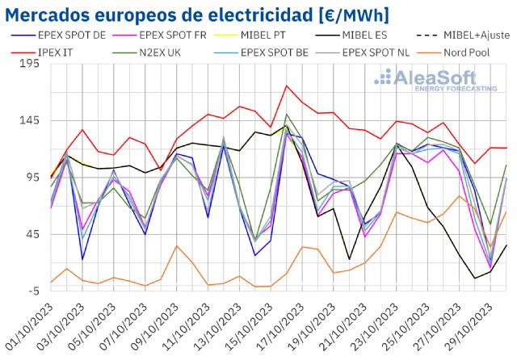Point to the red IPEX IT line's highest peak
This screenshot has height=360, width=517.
pyautogui.click(x=287, y=86)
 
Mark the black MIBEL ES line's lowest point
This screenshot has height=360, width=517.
pyautogui.click(x=475, y=278)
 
